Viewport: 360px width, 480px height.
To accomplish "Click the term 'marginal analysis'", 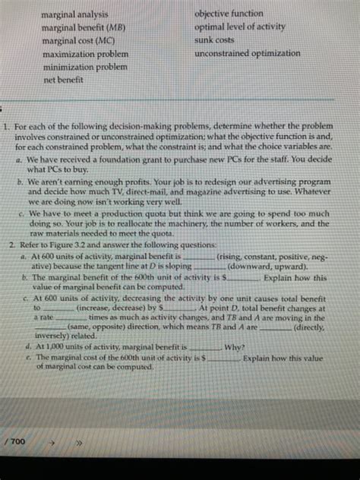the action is point(74,14).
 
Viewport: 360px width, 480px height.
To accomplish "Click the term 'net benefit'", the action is point(63,81).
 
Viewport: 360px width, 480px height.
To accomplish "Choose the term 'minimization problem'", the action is point(84,68).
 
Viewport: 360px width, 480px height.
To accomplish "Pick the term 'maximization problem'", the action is point(84,55).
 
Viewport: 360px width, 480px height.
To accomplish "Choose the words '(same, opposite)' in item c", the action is point(99,328).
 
